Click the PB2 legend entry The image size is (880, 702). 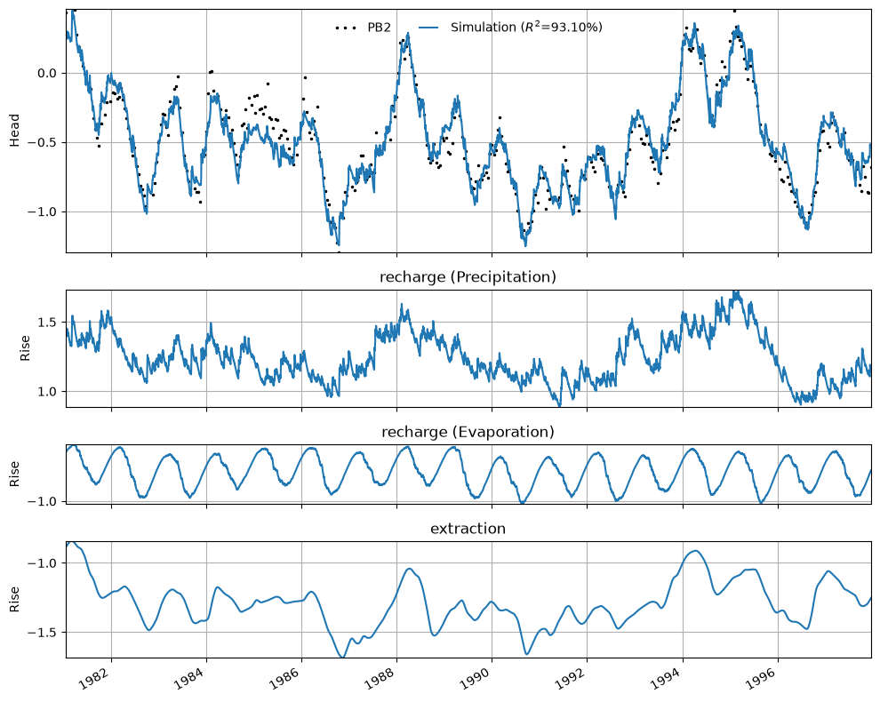364,27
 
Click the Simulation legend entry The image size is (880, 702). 510,27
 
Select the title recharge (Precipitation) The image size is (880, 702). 468,276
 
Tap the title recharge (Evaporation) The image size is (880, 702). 468,432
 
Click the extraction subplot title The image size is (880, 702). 468,529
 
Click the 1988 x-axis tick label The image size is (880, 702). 385,675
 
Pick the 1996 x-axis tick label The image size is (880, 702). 766,675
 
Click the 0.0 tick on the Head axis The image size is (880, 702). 47,74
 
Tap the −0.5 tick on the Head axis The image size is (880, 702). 44,142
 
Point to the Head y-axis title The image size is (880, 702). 14,131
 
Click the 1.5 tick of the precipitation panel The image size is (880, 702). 47,322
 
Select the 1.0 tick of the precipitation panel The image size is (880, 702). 47,392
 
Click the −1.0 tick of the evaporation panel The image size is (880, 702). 44,501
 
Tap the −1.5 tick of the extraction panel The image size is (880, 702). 44,633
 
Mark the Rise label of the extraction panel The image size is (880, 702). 14,599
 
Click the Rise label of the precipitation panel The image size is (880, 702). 25,348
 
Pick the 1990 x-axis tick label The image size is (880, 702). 480,675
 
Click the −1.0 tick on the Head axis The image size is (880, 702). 44,212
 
